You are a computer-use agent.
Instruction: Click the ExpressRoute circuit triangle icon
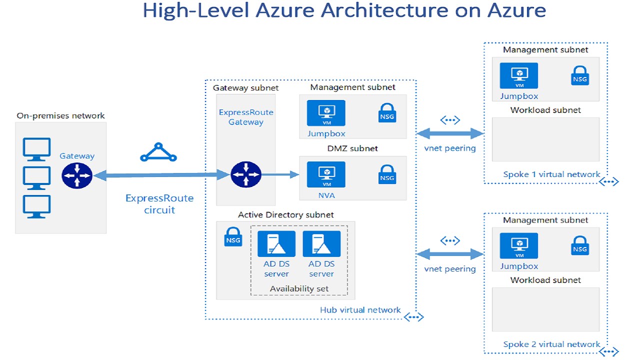pos(158,152)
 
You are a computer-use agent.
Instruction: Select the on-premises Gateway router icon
pos(77,175)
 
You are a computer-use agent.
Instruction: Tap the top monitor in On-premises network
pos(37,149)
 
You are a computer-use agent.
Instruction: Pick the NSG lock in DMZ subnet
pos(387,173)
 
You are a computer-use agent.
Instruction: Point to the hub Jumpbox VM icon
pos(326,113)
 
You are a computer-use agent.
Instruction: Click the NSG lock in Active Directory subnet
pos(233,236)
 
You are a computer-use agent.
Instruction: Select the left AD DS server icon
pos(276,244)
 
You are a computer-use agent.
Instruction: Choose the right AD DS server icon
pos(321,244)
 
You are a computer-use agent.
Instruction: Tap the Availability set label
pos(299,288)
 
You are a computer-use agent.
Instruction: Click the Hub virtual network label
pos(360,310)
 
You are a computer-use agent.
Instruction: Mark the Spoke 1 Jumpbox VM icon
pos(519,75)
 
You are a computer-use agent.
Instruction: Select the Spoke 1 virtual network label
pos(551,174)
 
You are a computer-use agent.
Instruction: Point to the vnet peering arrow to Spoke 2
pos(450,254)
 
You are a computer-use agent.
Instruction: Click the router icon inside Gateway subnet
pos(246,175)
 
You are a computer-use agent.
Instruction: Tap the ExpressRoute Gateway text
pos(246,117)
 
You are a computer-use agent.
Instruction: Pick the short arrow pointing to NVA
pos(280,175)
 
